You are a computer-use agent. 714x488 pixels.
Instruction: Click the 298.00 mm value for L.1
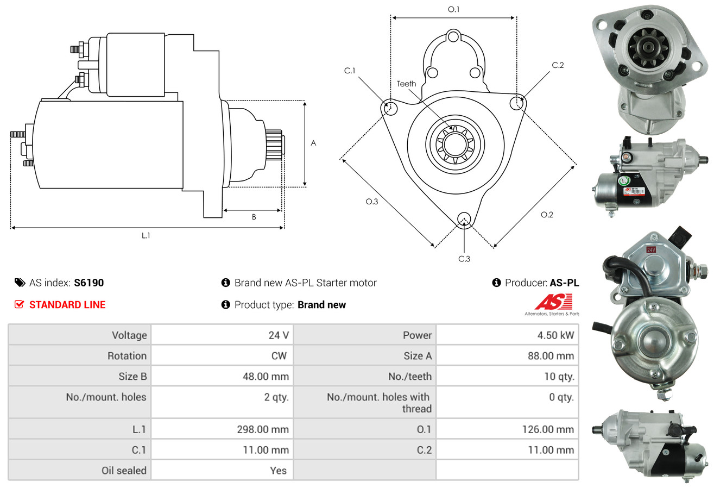click(x=262, y=429)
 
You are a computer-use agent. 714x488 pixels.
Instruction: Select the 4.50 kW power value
click(x=555, y=335)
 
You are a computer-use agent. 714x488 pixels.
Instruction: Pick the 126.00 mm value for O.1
click(x=548, y=429)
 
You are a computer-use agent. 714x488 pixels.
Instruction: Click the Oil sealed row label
click(x=124, y=471)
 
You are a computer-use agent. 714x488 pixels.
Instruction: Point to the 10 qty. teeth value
click(x=559, y=377)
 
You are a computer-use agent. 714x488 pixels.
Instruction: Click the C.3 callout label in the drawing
click(x=464, y=259)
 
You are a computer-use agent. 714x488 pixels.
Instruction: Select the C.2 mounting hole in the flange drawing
click(x=517, y=103)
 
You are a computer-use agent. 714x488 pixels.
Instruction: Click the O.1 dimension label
click(x=453, y=9)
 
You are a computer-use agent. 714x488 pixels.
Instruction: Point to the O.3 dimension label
click(x=371, y=202)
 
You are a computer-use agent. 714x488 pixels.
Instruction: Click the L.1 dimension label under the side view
click(x=146, y=235)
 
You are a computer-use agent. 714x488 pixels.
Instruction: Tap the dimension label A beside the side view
click(x=313, y=143)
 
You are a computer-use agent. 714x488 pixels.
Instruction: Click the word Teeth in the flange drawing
click(x=406, y=84)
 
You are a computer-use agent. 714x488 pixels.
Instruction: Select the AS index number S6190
click(x=89, y=283)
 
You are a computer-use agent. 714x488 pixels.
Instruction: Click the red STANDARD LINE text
click(x=67, y=305)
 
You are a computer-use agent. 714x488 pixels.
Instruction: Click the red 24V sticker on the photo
click(x=650, y=250)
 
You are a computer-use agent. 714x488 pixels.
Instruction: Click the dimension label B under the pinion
click(x=254, y=217)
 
